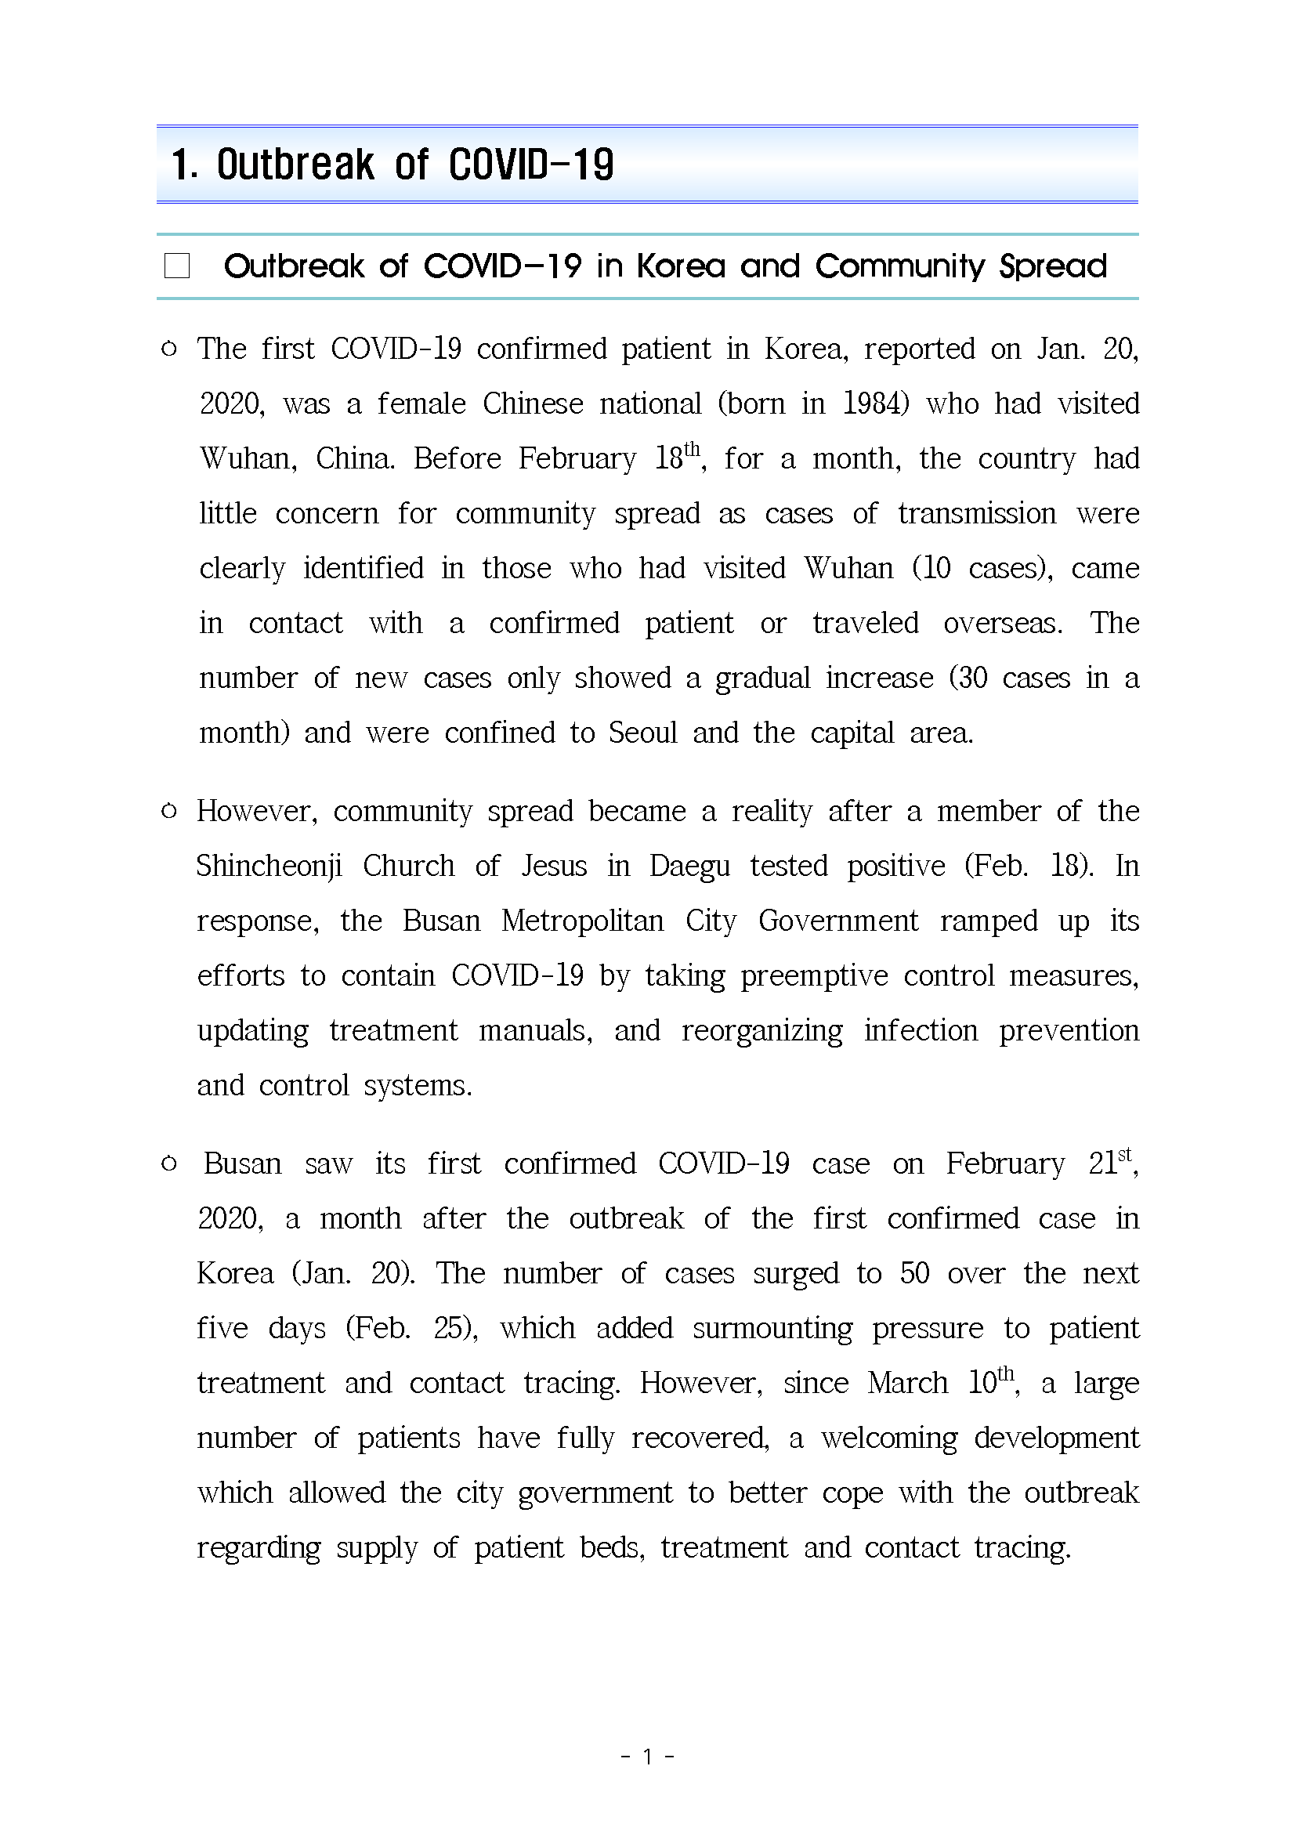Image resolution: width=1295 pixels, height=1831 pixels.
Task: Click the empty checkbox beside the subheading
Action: [177, 266]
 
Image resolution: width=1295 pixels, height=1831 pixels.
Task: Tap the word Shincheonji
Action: [269, 866]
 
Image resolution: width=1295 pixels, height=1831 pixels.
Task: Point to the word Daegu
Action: [689, 866]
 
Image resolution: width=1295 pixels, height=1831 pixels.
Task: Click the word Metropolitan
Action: [582, 921]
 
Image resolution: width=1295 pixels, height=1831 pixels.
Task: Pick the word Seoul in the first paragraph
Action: [642, 733]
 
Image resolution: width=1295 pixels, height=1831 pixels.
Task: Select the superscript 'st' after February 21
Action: [1124, 1154]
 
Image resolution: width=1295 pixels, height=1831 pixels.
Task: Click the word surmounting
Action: [772, 1328]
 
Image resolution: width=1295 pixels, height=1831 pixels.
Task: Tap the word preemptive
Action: [813, 976]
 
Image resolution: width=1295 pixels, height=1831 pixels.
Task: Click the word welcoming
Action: [889, 1438]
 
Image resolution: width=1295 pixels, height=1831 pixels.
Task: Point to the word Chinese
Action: [533, 403]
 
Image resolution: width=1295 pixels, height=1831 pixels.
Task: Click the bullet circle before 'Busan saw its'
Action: [169, 1164]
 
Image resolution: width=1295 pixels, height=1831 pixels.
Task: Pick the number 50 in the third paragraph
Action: [914, 1274]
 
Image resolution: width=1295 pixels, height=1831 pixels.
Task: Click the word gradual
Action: [762, 678]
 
